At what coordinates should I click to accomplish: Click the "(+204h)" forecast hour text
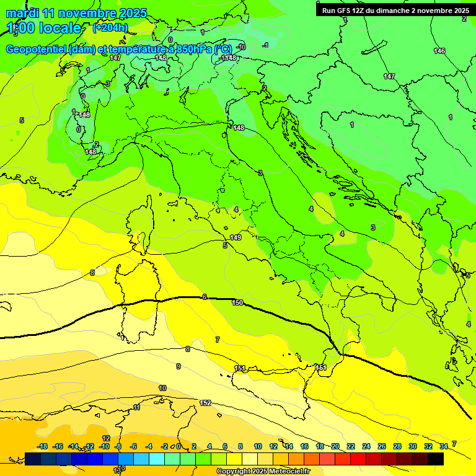pos(110,27)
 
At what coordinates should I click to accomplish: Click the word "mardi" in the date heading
pos(22,13)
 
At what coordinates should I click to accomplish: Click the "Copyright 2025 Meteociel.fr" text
pos(263,471)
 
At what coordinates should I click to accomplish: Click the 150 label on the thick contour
pos(237,302)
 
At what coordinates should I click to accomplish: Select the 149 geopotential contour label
pos(236,237)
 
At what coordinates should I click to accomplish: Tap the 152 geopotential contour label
pos(205,403)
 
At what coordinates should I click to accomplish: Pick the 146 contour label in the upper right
pos(439,51)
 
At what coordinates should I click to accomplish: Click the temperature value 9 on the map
pos(178,366)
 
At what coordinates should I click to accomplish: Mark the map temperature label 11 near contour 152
pos(136,407)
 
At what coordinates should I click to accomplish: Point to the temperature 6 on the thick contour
pos(205,297)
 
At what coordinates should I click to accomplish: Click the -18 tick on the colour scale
pos(43,446)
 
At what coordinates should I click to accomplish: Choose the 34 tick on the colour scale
pos(444,446)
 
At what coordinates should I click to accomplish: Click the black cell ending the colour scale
pos(436,459)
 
